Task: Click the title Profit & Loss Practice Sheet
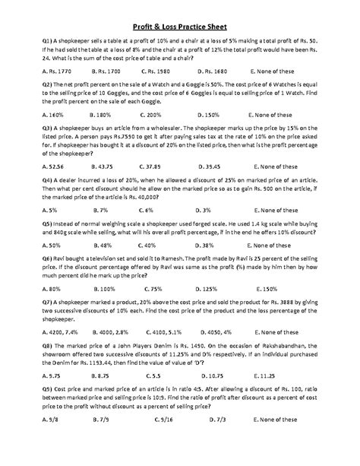tap(180, 24)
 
